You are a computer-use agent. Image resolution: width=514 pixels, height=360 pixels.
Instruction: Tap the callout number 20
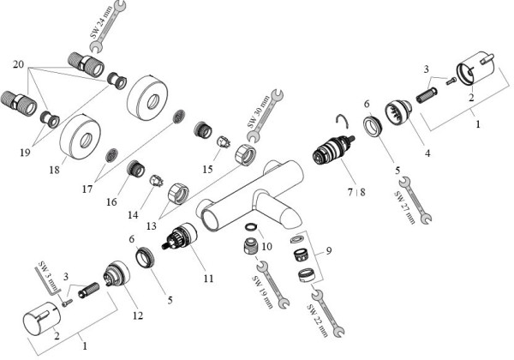[x=19, y=65]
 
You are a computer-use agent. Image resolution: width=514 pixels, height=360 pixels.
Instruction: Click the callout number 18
[x=54, y=171]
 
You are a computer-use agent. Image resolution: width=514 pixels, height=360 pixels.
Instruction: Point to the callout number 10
[x=266, y=246]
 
